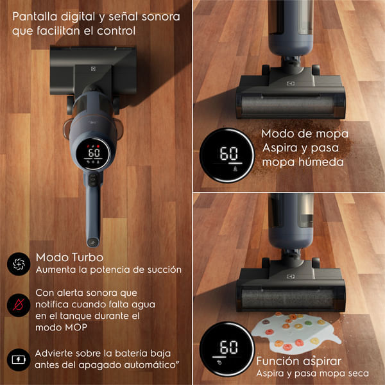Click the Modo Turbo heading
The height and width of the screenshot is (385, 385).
(x=69, y=257)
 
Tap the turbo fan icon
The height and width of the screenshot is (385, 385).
(x=19, y=264)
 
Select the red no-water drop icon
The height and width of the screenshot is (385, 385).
(x=19, y=305)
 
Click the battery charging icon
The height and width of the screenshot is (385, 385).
(x=19, y=359)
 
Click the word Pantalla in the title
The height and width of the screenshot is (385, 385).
(x=35, y=17)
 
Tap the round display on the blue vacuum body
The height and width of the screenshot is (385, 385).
(x=93, y=154)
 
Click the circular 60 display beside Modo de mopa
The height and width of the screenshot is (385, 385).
(x=227, y=155)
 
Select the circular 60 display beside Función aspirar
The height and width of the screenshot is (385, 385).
(x=227, y=348)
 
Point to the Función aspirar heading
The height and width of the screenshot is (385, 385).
(x=299, y=361)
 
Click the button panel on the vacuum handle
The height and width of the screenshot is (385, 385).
(x=93, y=180)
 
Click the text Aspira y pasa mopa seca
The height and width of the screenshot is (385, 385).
(x=312, y=373)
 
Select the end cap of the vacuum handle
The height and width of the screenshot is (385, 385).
(x=93, y=242)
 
